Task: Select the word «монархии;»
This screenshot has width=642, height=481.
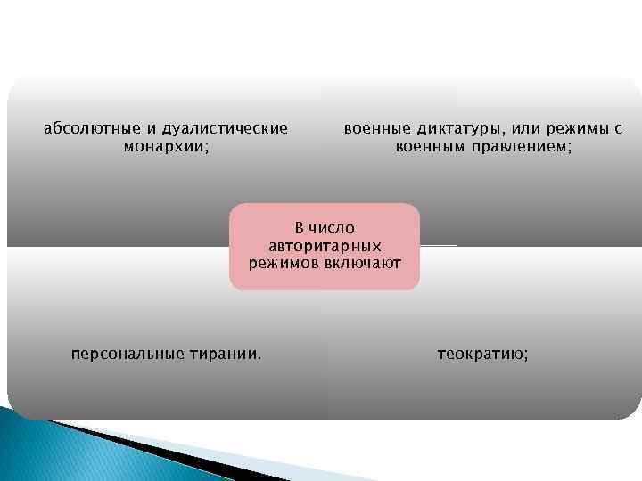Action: click(167, 146)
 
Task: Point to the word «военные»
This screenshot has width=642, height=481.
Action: click(374, 128)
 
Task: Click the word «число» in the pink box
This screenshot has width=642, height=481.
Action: click(333, 228)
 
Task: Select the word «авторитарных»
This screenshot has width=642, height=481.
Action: click(325, 245)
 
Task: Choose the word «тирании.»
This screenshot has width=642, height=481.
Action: click(226, 354)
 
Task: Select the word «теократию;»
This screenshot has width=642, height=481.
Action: click(482, 354)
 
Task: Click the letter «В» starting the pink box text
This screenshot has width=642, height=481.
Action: click(300, 228)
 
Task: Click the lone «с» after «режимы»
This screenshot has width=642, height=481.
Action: click(618, 128)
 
